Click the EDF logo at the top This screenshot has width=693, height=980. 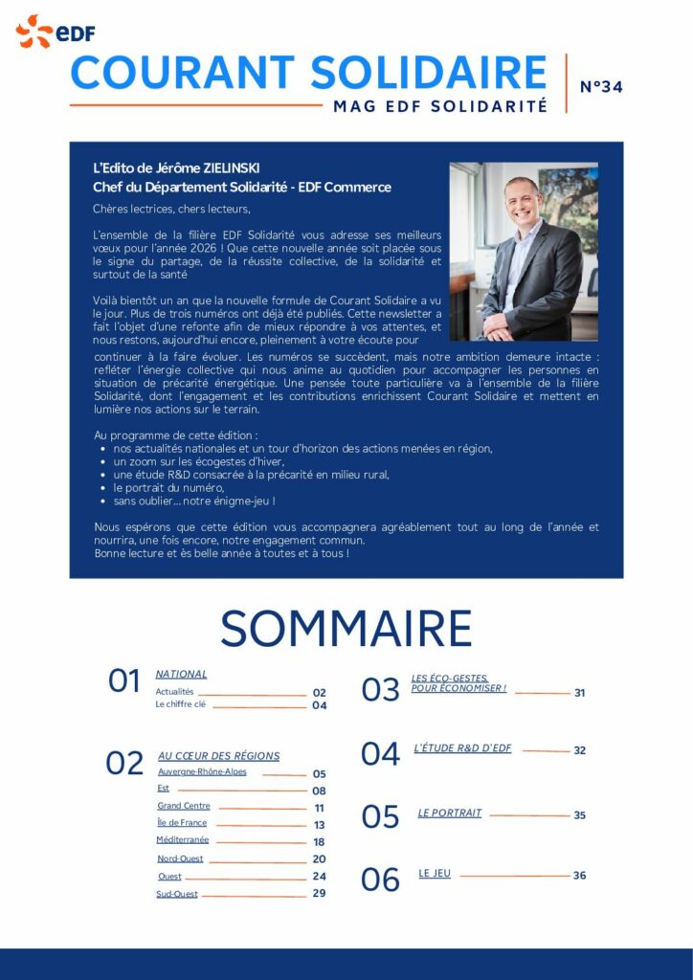point(55,32)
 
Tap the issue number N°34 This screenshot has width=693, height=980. point(601,87)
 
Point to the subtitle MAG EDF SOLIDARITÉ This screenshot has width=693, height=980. point(440,106)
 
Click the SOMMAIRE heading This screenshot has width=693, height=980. point(346,629)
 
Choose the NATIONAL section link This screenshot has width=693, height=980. point(181,674)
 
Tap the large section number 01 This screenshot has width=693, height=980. point(124,681)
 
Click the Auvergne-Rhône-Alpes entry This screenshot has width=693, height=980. point(202,772)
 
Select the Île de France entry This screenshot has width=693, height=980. point(182,822)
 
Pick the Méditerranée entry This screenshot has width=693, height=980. point(182,839)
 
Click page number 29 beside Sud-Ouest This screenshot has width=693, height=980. point(319,893)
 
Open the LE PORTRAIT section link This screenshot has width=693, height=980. point(449,813)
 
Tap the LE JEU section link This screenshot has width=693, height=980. point(435,873)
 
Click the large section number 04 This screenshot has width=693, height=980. point(380,754)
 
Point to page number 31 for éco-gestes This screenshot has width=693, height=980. point(580,693)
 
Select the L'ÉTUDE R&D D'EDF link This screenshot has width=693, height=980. point(462,748)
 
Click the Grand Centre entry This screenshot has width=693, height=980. point(184,806)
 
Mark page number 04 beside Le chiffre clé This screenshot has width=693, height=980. point(320,705)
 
